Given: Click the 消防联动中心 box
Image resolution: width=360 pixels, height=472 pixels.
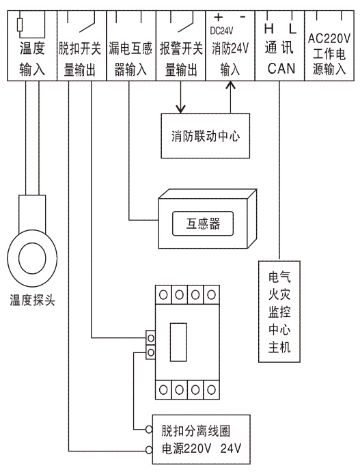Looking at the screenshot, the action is pyautogui.click(x=206, y=136).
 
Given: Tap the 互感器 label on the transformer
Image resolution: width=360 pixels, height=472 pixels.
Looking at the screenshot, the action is pyautogui.click(x=203, y=223).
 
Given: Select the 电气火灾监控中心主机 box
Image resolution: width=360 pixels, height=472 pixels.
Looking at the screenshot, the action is pyautogui.click(x=279, y=311).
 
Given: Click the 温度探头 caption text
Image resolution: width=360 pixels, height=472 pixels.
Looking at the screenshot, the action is pyautogui.click(x=32, y=300).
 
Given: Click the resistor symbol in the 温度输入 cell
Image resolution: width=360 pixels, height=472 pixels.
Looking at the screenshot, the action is pyautogui.click(x=20, y=25).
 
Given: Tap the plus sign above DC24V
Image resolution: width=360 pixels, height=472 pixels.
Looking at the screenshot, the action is pyautogui.click(x=218, y=18).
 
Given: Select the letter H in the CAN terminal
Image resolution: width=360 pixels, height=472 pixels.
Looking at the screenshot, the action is pyautogui.click(x=268, y=29).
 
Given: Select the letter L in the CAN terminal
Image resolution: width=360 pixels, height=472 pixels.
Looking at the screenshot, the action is pyautogui.click(x=292, y=29).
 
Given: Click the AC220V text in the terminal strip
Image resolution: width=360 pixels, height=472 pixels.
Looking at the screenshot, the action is pyautogui.click(x=329, y=38).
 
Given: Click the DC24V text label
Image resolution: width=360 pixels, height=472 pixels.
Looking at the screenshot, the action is pyautogui.click(x=221, y=31).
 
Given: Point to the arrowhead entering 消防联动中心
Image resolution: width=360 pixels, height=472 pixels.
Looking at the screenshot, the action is pyautogui.click(x=180, y=109).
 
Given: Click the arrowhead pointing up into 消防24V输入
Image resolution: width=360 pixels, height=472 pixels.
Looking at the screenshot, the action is pyautogui.click(x=231, y=86).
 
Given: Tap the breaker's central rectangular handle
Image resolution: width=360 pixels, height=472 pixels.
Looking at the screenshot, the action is pyautogui.click(x=178, y=342).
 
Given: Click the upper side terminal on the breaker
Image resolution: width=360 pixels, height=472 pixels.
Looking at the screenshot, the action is pyautogui.click(x=151, y=338).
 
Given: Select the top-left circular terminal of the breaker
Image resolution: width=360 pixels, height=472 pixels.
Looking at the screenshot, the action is pyautogui.click(x=163, y=294).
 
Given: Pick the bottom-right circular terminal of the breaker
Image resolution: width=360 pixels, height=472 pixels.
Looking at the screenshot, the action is pyautogui.click(x=211, y=390).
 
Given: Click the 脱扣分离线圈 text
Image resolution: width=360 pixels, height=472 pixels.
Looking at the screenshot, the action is pyautogui.click(x=195, y=431).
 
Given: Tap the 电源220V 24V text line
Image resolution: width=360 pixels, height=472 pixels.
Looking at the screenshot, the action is pyautogui.click(x=202, y=449).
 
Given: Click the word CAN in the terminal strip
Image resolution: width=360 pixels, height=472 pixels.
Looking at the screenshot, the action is pyautogui.click(x=281, y=68).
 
